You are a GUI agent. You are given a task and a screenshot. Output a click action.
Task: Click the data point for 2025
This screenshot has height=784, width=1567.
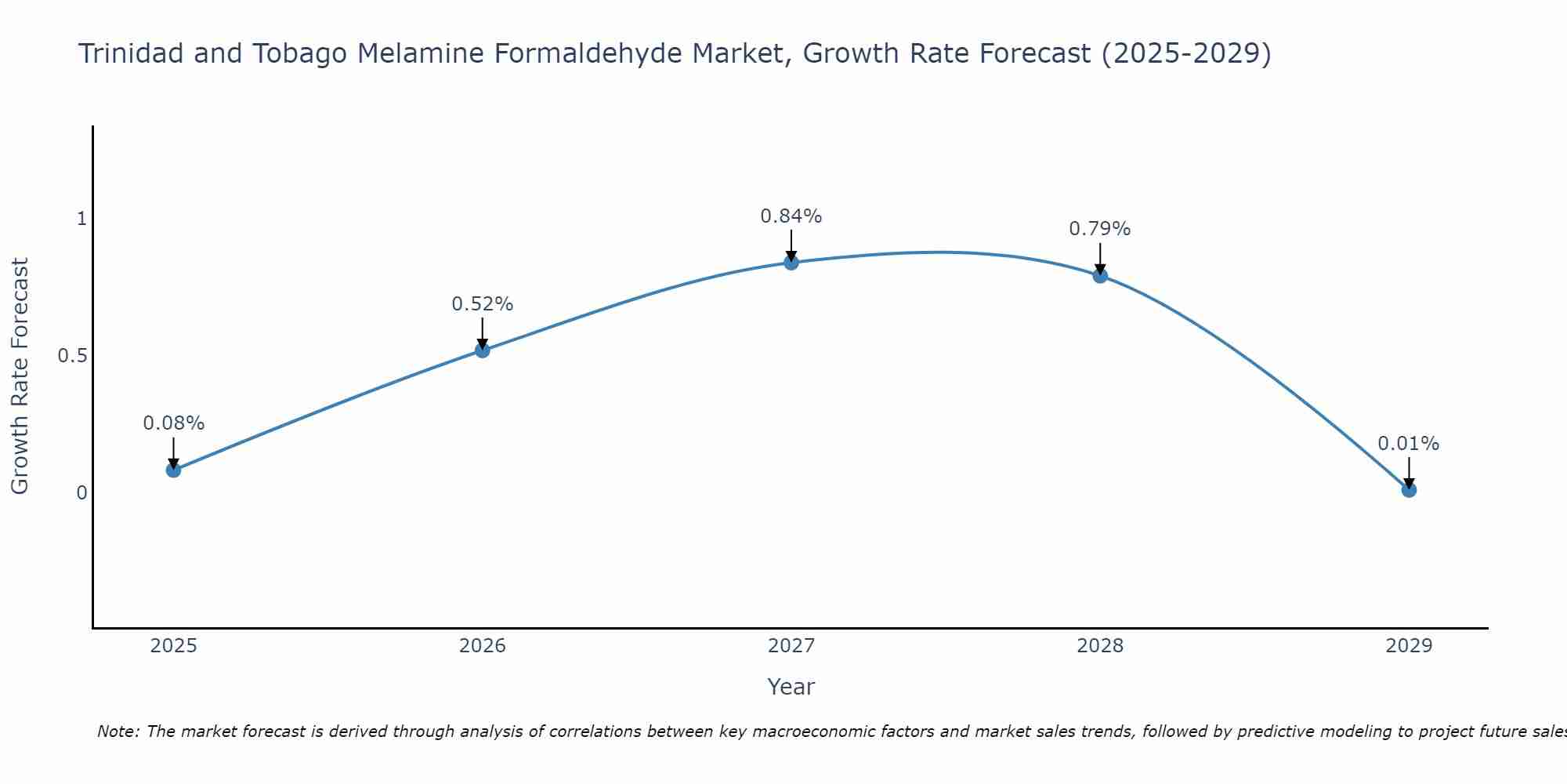[x=173, y=470]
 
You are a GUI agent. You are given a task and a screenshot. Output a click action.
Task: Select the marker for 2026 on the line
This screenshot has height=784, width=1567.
[x=483, y=350]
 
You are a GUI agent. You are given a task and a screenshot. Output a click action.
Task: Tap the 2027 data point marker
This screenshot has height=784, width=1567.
[x=791, y=263]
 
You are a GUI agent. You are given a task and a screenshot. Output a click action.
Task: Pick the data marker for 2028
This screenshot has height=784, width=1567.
[x=1100, y=276]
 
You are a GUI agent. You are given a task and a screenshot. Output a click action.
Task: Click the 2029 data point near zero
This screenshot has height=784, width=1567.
[x=1409, y=490]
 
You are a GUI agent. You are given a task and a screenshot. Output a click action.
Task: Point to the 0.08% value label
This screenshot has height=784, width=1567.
[x=173, y=423]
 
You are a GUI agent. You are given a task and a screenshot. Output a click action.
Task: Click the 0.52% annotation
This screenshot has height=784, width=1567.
[x=483, y=304]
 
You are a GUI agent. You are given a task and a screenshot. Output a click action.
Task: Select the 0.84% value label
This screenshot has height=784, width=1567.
[x=791, y=216]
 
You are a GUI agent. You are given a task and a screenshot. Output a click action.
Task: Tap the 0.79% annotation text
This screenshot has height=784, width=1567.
[x=1100, y=229]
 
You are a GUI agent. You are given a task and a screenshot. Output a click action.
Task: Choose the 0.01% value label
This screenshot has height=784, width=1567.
[x=1409, y=444]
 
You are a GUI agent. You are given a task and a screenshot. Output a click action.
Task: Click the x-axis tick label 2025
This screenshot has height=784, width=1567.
[x=173, y=646]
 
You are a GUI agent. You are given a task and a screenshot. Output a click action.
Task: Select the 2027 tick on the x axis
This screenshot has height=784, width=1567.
[x=791, y=646]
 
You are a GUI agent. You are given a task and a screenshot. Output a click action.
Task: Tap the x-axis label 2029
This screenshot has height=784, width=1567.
[x=1409, y=646]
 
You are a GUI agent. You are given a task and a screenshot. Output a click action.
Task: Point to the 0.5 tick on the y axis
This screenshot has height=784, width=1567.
[x=72, y=356]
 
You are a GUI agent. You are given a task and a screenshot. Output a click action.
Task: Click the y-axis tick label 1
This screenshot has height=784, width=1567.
[x=81, y=219]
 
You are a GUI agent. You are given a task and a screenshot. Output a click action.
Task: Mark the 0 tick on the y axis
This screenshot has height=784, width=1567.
[x=81, y=493]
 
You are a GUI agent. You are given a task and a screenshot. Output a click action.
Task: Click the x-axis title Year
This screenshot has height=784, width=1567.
[x=791, y=687]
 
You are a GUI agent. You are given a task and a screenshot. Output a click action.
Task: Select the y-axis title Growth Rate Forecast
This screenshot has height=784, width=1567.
[x=20, y=376]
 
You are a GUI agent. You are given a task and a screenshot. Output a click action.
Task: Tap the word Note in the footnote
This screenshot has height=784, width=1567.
[x=118, y=731]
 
